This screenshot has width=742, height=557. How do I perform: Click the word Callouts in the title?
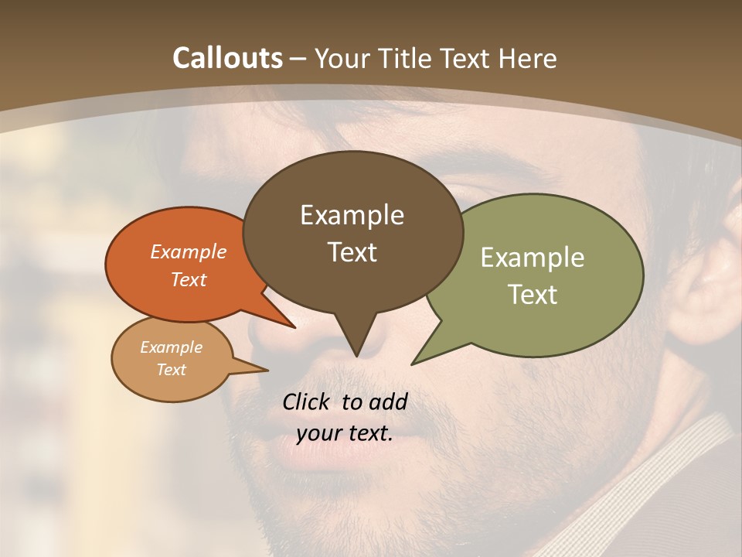227,58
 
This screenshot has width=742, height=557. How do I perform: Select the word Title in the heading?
403,58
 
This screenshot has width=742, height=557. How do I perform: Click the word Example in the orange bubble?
189,251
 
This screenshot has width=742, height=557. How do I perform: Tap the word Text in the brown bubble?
352,252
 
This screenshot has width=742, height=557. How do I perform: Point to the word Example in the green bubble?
533,258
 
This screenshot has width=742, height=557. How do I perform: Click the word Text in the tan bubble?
172,370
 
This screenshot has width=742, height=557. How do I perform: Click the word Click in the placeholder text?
308,402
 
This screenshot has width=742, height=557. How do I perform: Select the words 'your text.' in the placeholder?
345,433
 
